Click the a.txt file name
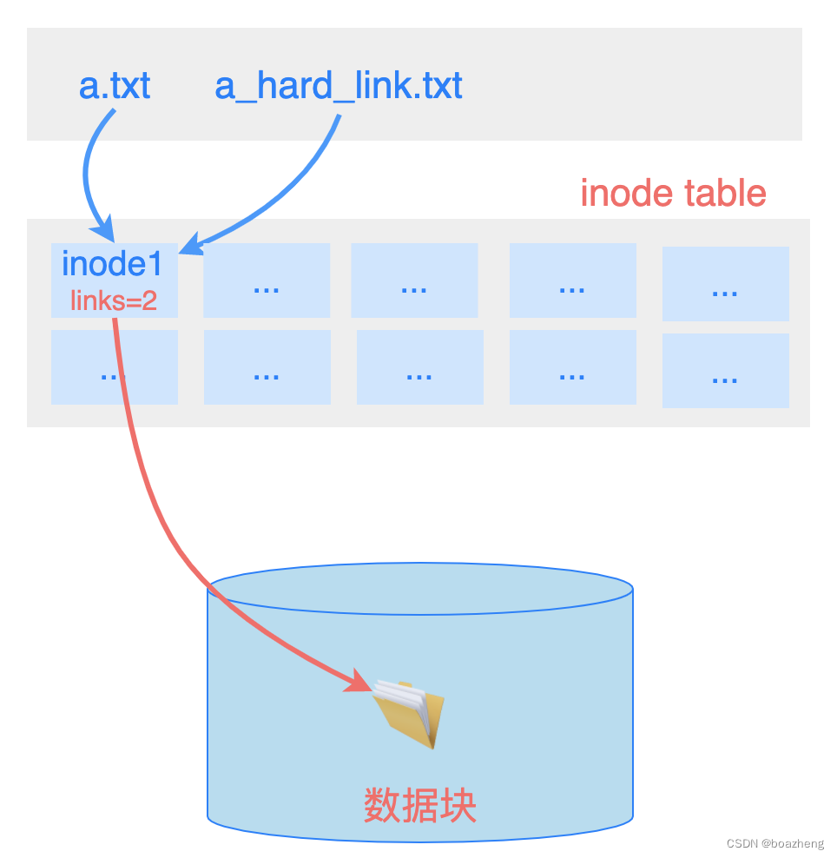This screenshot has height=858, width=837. [115, 86]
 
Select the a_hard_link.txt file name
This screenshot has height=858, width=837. [339, 86]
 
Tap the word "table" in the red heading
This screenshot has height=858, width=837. [725, 193]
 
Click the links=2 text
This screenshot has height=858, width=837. [114, 301]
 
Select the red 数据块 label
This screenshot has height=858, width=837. [420, 806]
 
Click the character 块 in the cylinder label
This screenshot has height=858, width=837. [459, 806]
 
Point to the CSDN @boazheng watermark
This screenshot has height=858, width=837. [775, 843]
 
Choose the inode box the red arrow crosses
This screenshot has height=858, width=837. [114, 367]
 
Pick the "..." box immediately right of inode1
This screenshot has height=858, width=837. [267, 280]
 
